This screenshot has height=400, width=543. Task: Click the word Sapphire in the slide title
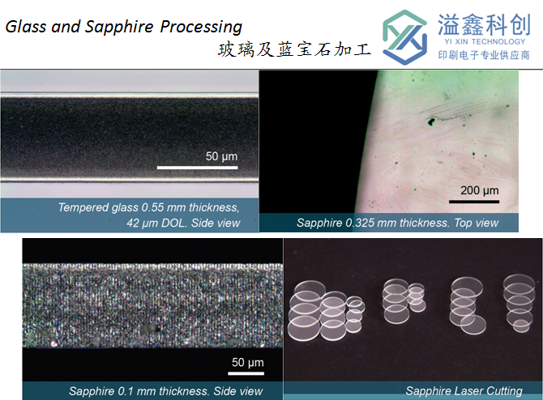119,27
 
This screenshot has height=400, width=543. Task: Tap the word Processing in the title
201,27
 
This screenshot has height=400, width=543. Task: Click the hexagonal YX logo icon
404,37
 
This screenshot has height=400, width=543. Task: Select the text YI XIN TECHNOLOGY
485,41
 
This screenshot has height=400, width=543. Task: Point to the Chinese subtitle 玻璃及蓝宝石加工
294,49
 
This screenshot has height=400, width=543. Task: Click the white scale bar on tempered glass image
198,168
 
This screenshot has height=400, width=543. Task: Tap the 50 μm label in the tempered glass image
221,156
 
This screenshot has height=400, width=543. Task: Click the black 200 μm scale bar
474,202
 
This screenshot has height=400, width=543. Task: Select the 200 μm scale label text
480,190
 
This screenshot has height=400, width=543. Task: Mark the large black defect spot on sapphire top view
431,121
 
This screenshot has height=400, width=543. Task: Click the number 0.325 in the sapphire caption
360,223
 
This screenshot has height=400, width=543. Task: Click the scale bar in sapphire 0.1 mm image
246,373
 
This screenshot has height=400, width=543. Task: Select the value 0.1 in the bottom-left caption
125,391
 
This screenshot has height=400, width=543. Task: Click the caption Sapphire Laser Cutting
464,391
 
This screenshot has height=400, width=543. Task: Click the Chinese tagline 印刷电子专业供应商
484,55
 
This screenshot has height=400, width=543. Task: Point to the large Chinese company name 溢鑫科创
484,24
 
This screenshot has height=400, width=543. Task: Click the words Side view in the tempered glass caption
216,223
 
